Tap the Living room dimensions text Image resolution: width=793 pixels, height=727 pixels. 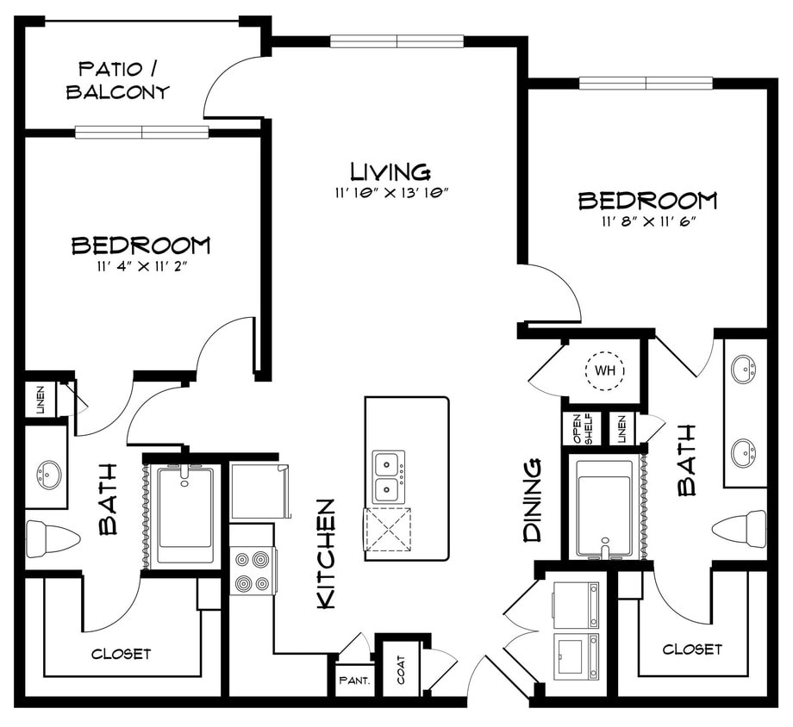[390, 192]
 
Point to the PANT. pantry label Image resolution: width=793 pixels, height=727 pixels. [354, 680]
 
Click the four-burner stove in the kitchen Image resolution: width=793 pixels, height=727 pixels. [252, 570]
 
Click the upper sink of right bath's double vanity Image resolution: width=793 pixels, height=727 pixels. [744, 370]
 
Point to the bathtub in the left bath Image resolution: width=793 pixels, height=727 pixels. [184, 515]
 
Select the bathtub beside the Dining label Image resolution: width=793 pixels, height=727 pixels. [605, 507]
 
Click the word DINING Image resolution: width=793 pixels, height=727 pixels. [533, 500]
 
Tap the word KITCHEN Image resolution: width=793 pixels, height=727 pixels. [327, 554]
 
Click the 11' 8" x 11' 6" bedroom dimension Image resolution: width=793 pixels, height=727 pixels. [647, 221]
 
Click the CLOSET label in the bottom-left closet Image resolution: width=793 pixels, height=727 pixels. [121, 654]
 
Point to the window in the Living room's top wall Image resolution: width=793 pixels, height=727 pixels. [396, 40]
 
